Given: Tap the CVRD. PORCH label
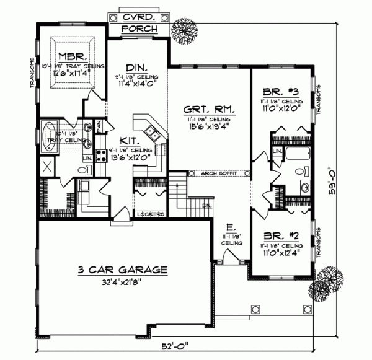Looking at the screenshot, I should pyautogui.click(x=139, y=23).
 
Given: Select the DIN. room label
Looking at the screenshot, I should pyautogui.click(x=136, y=66).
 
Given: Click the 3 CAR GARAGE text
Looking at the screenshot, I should pyautogui.click(x=114, y=270).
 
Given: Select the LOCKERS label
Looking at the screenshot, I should pyautogui.click(x=151, y=214).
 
